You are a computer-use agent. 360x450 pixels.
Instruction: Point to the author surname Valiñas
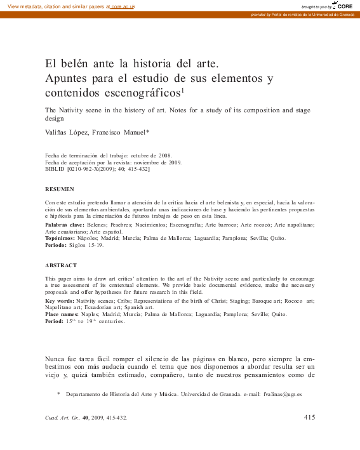tap(57, 133)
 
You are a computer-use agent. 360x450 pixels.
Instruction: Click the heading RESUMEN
tap(60, 189)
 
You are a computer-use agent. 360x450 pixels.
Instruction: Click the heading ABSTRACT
tap(61, 265)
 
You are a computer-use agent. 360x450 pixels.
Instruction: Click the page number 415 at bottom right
tap(309, 417)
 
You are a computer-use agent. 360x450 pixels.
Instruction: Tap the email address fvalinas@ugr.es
tap(283, 395)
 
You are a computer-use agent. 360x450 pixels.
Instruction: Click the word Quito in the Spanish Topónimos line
tap(278, 238)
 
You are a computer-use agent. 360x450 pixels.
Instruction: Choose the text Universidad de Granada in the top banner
tap(330, 15)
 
